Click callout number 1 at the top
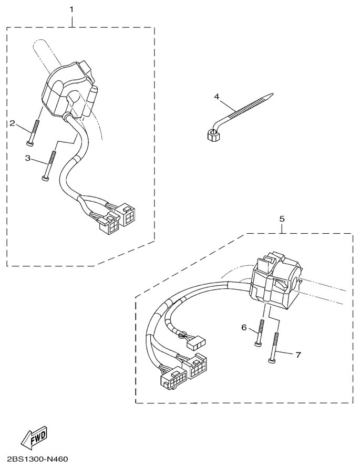(71, 9)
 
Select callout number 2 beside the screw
(12, 123)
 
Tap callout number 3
(28, 158)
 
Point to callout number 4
(217, 97)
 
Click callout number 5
(282, 219)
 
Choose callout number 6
(244, 327)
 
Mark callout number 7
(298, 355)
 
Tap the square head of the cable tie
(213, 136)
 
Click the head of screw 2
(29, 144)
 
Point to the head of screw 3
(44, 178)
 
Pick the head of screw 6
(258, 344)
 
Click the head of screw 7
(271, 361)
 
